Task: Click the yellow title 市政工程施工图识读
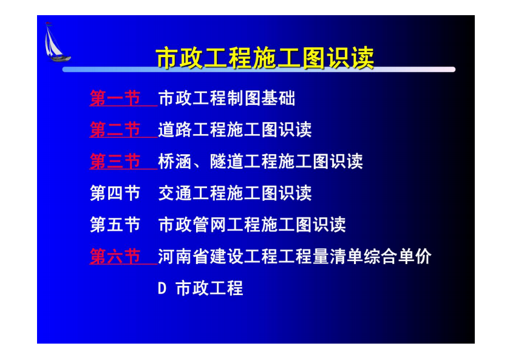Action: (x=265, y=58)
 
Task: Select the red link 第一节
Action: (x=115, y=98)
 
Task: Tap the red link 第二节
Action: (x=115, y=130)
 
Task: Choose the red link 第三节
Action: (x=115, y=161)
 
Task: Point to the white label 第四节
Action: (x=115, y=193)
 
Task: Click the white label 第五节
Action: (x=115, y=225)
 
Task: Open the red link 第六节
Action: (x=115, y=256)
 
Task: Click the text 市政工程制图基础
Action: (x=226, y=98)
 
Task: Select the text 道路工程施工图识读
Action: (x=235, y=130)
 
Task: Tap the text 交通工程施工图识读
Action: (x=235, y=193)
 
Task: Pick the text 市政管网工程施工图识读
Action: (x=252, y=225)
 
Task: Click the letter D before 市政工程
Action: (x=162, y=288)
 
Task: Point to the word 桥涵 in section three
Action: (x=175, y=161)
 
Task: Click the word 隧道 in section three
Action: (x=226, y=161)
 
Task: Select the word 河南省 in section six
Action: (x=184, y=256)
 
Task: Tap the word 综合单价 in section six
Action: (x=398, y=256)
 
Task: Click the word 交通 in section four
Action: (x=175, y=193)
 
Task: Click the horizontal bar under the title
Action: (x=259, y=69)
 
